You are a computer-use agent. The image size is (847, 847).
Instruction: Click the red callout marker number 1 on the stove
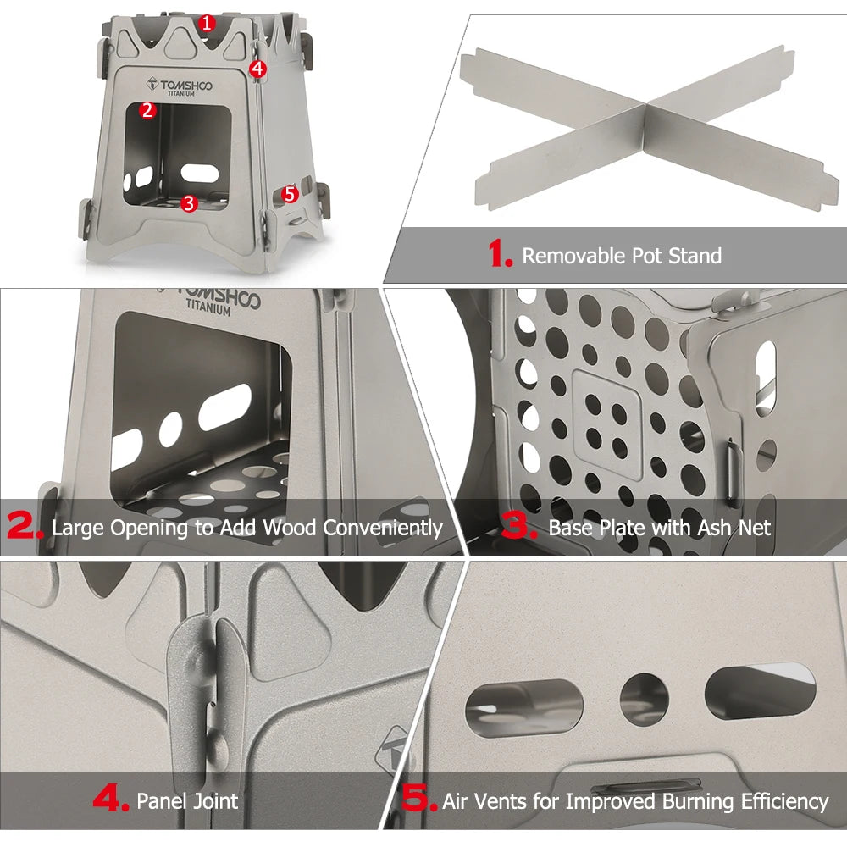pos(206,23)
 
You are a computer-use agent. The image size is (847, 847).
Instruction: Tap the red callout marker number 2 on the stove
pos(148,109)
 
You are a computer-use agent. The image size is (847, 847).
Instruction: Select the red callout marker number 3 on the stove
pos(189,202)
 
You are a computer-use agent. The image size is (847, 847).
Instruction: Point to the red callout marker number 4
pos(258,68)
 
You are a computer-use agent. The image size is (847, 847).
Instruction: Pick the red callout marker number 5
pos(290,194)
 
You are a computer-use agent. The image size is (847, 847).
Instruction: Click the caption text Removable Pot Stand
pos(622,256)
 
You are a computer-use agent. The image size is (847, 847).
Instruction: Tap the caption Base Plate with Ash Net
pos(660,528)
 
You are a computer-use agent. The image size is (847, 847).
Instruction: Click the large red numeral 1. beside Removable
pos(501,255)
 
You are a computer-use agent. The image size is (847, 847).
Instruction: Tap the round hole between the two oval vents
pos(644,700)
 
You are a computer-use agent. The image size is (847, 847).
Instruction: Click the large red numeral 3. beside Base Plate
pos(519,528)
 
